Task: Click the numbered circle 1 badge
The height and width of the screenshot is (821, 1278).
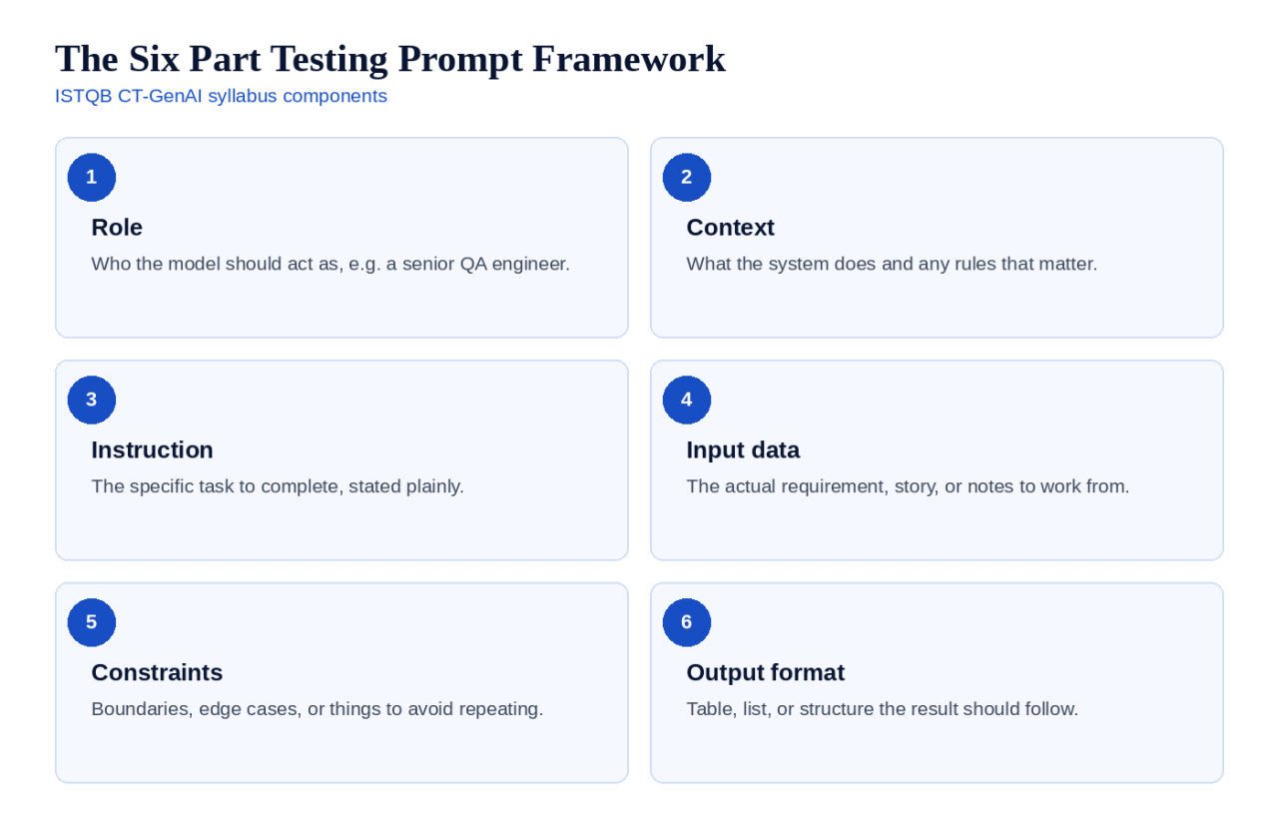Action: click(x=91, y=177)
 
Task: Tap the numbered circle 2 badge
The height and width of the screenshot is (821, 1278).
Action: click(x=686, y=177)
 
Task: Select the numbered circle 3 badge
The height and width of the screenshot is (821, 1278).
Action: click(x=91, y=400)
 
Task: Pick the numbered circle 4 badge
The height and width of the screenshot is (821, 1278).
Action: click(x=686, y=400)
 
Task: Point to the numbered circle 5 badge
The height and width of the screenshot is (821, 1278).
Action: click(x=91, y=622)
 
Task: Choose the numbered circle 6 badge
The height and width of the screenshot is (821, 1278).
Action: click(x=686, y=622)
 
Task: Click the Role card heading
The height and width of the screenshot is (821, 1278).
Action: click(x=117, y=228)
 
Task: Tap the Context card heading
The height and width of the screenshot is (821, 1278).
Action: click(x=730, y=228)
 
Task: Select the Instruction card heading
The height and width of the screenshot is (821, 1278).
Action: click(x=153, y=449)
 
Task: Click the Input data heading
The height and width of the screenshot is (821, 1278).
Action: click(x=743, y=450)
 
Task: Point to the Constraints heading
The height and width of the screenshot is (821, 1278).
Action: click(x=157, y=672)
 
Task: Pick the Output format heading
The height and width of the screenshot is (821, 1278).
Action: click(x=765, y=673)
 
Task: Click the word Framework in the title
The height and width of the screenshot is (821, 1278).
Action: click(x=629, y=59)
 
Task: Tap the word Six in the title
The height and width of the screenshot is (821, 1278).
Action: click(x=154, y=59)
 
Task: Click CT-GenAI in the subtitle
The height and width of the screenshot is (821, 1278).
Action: click(x=160, y=96)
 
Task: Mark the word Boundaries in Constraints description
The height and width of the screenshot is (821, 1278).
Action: click(x=142, y=709)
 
